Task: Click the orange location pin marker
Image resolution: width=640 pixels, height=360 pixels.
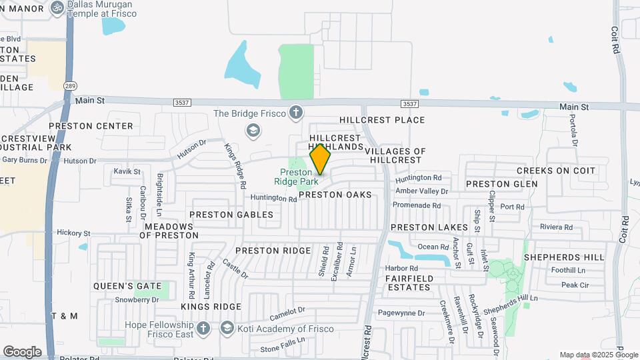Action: tap(321, 159)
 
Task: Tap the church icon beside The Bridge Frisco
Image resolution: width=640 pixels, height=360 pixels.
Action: tap(296, 113)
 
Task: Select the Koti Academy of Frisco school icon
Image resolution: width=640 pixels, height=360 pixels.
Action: tap(227, 328)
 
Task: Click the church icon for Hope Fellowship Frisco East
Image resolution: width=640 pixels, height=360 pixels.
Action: tap(204, 328)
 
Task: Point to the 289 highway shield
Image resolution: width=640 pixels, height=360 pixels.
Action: tap(70, 86)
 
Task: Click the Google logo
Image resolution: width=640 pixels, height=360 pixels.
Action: tap(22, 352)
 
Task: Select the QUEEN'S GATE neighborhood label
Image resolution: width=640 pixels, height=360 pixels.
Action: tap(127, 286)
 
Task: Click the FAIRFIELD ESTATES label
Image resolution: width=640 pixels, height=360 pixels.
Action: tap(409, 283)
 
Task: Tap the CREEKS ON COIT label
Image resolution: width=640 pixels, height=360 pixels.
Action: tap(556, 171)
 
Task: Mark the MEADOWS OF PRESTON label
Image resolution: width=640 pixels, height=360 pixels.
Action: tap(171, 231)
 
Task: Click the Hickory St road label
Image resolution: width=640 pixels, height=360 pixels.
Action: tap(73, 233)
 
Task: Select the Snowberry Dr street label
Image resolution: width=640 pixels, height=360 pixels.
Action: tap(136, 300)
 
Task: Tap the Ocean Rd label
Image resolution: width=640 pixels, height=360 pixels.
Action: tap(429, 247)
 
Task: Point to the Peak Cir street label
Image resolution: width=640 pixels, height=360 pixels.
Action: tap(575, 285)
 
